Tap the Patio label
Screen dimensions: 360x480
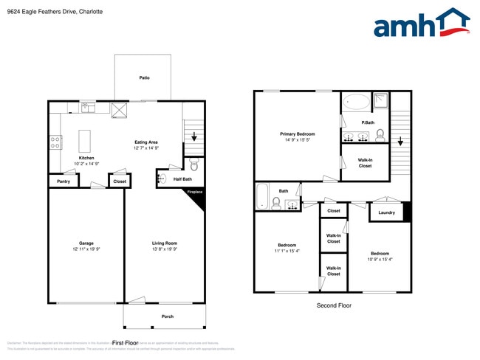coord(145,77)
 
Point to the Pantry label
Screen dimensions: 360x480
coord(64,181)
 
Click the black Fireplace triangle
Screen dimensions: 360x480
coord(194,196)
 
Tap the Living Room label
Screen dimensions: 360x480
coord(165,243)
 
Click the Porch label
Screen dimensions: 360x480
coord(168,316)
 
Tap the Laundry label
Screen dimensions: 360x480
coord(386,212)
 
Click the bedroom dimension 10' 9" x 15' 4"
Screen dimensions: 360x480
coord(380,259)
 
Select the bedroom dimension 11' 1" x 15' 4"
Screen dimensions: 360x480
coord(287,252)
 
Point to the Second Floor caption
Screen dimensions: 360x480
coord(334,305)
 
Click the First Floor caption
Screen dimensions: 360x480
coord(126,343)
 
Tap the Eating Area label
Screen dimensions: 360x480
coord(146,142)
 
